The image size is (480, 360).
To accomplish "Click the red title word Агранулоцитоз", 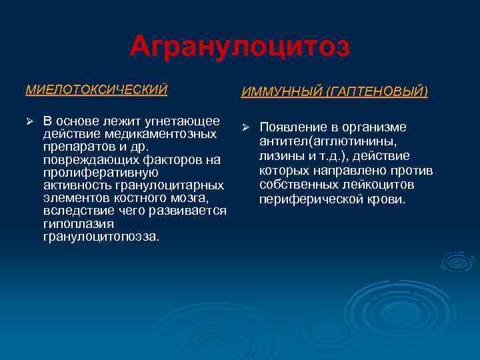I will pos(240,47).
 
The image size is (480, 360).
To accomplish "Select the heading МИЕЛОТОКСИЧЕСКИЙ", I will pos(96,89).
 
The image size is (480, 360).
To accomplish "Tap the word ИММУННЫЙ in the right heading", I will pos(273,91).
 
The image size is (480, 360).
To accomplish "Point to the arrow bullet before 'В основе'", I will pos(29,121).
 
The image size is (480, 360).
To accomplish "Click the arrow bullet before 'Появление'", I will pos(245,127).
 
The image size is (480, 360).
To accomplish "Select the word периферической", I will pos(305,199).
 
